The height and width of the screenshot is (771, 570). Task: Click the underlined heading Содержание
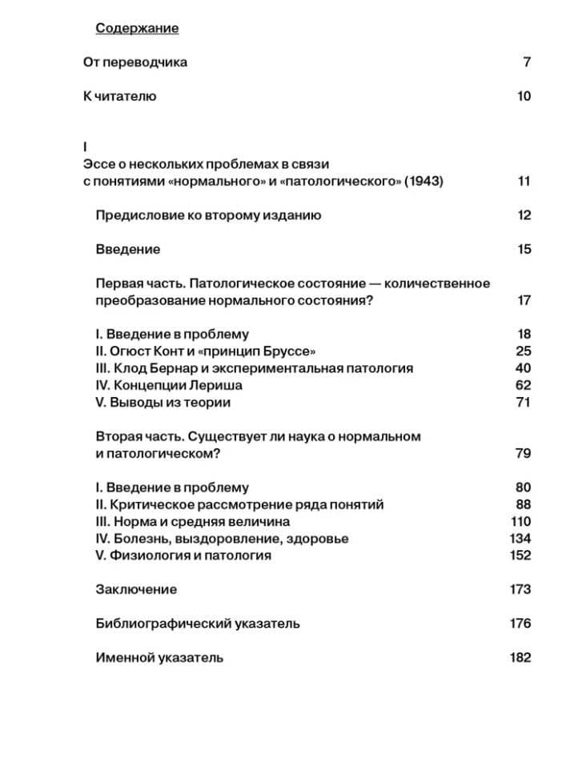[x=137, y=29]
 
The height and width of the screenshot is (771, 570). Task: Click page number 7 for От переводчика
[x=527, y=62]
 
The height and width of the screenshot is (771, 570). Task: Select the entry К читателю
[x=119, y=97]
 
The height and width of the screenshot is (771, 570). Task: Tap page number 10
[x=524, y=97]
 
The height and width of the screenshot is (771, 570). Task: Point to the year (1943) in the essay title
[x=423, y=181]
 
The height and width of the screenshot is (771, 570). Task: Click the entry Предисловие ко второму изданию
[x=208, y=215]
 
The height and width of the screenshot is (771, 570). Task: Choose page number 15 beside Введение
[x=524, y=250]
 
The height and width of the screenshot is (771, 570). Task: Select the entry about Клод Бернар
[x=255, y=368]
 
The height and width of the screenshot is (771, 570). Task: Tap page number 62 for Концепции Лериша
[x=523, y=386]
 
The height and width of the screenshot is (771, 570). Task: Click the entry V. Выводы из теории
[x=163, y=403]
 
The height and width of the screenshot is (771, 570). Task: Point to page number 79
[x=523, y=454]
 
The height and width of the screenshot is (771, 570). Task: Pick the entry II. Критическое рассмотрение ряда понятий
[x=239, y=505]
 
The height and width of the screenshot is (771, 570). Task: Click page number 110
[x=520, y=522]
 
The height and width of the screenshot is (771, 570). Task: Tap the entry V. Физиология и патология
[x=183, y=556]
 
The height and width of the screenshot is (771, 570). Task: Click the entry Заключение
[x=136, y=590]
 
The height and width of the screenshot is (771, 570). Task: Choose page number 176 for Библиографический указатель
[x=520, y=624]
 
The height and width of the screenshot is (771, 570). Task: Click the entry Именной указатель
[x=159, y=658]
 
